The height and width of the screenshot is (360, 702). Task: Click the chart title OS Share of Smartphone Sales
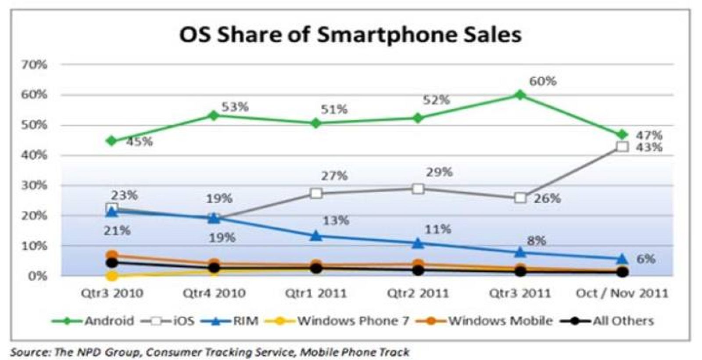pos(350,34)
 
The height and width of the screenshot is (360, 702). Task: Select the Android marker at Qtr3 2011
pos(520,94)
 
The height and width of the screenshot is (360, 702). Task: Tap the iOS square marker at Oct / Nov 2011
pos(622,147)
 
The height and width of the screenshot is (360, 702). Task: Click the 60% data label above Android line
pos(542,81)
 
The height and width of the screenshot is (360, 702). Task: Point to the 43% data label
pos(649,148)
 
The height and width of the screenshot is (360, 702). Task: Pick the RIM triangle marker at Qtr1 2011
pos(316,236)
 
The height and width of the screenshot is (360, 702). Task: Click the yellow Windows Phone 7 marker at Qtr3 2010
pos(112,276)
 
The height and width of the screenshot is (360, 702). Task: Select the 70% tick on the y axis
pos(34,65)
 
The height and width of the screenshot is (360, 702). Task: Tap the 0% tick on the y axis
pos(37,276)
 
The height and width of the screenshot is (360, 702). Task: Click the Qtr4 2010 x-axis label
pos(214,293)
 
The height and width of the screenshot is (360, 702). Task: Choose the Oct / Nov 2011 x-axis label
pos(622,293)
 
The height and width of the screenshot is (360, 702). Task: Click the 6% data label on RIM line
pos(646,259)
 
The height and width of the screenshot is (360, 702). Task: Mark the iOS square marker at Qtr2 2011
pos(418,189)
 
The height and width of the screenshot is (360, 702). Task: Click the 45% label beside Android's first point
pos(140,142)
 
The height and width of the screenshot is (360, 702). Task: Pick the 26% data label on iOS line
pos(547,198)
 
